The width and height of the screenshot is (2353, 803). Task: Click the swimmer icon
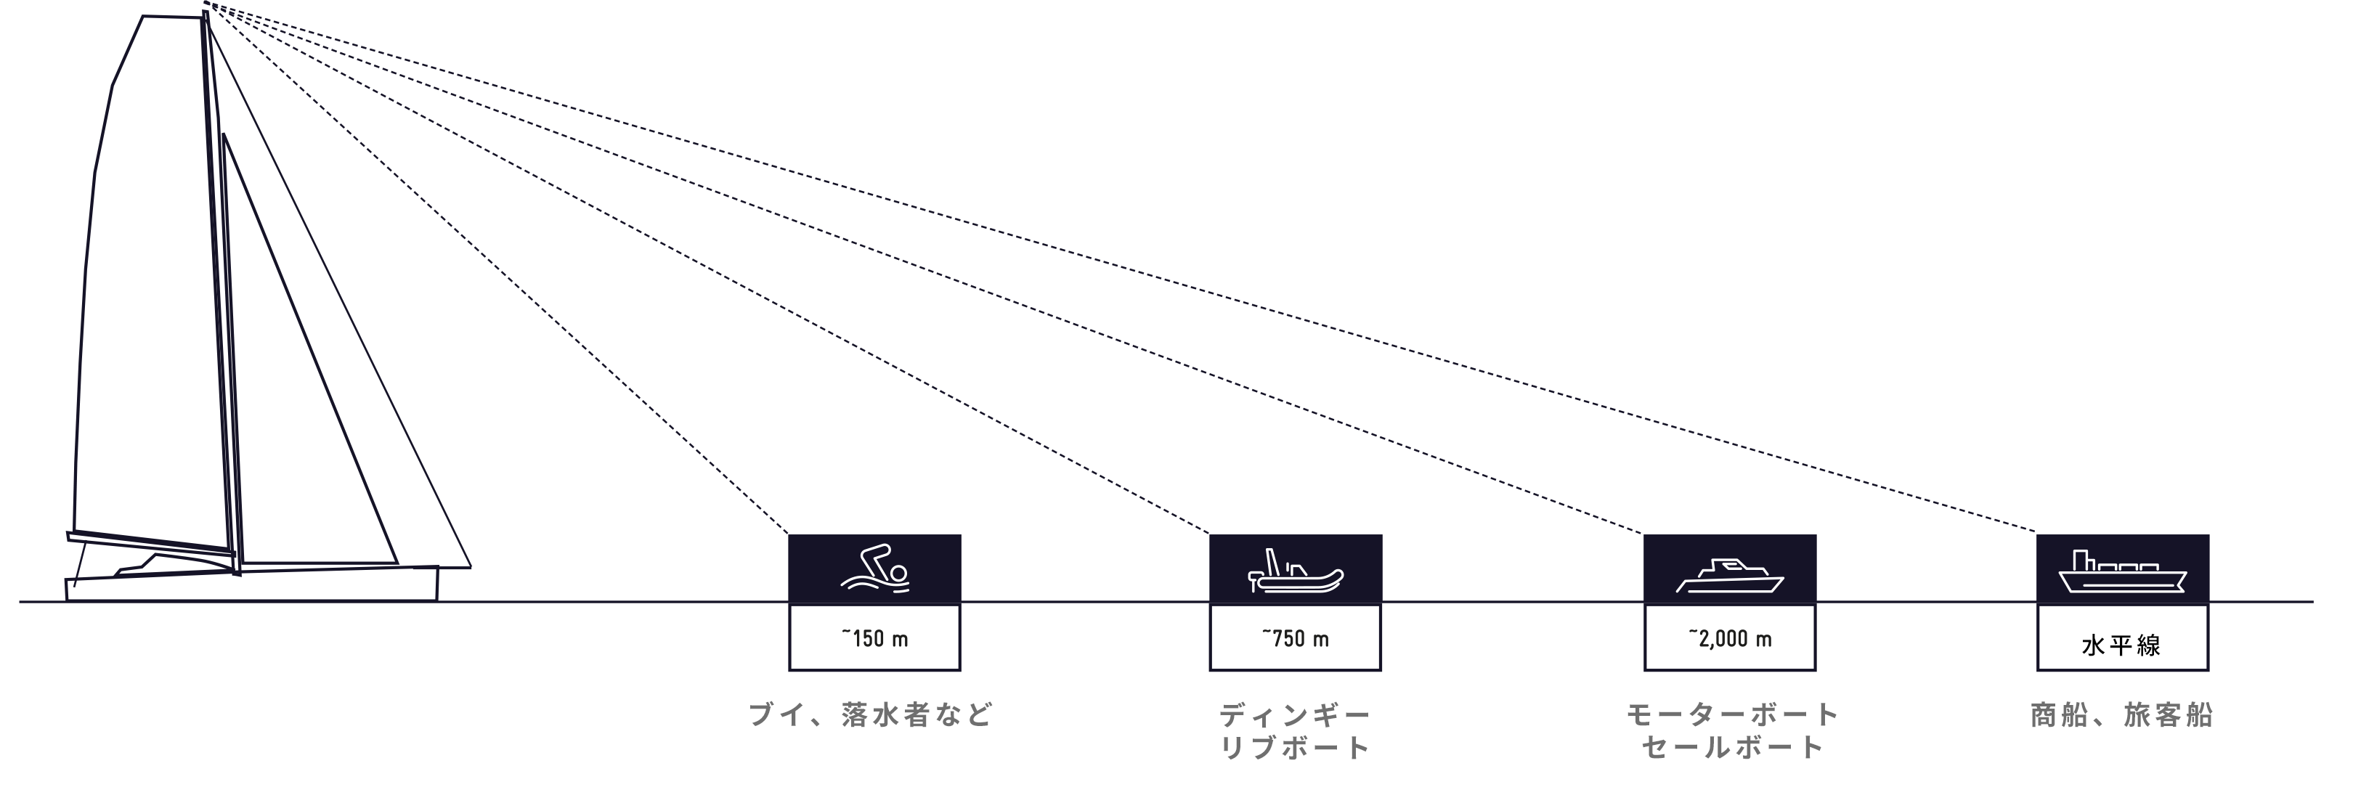(875, 569)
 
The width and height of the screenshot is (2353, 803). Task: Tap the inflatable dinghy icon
(1296, 572)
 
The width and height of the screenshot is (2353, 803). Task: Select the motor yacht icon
(1730, 576)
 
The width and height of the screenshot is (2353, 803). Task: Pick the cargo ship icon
(2123, 573)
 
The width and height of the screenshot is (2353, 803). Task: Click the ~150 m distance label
(875, 639)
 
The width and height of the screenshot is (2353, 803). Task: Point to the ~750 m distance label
(1296, 639)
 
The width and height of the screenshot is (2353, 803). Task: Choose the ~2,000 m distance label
(1730, 639)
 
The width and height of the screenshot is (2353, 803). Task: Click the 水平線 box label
(2122, 646)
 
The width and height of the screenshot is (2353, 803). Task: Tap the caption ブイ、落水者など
(871, 714)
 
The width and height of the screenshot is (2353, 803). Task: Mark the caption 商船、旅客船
(2122, 714)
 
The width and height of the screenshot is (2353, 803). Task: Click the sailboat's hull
(251, 584)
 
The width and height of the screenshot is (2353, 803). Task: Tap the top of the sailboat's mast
(206, 12)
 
